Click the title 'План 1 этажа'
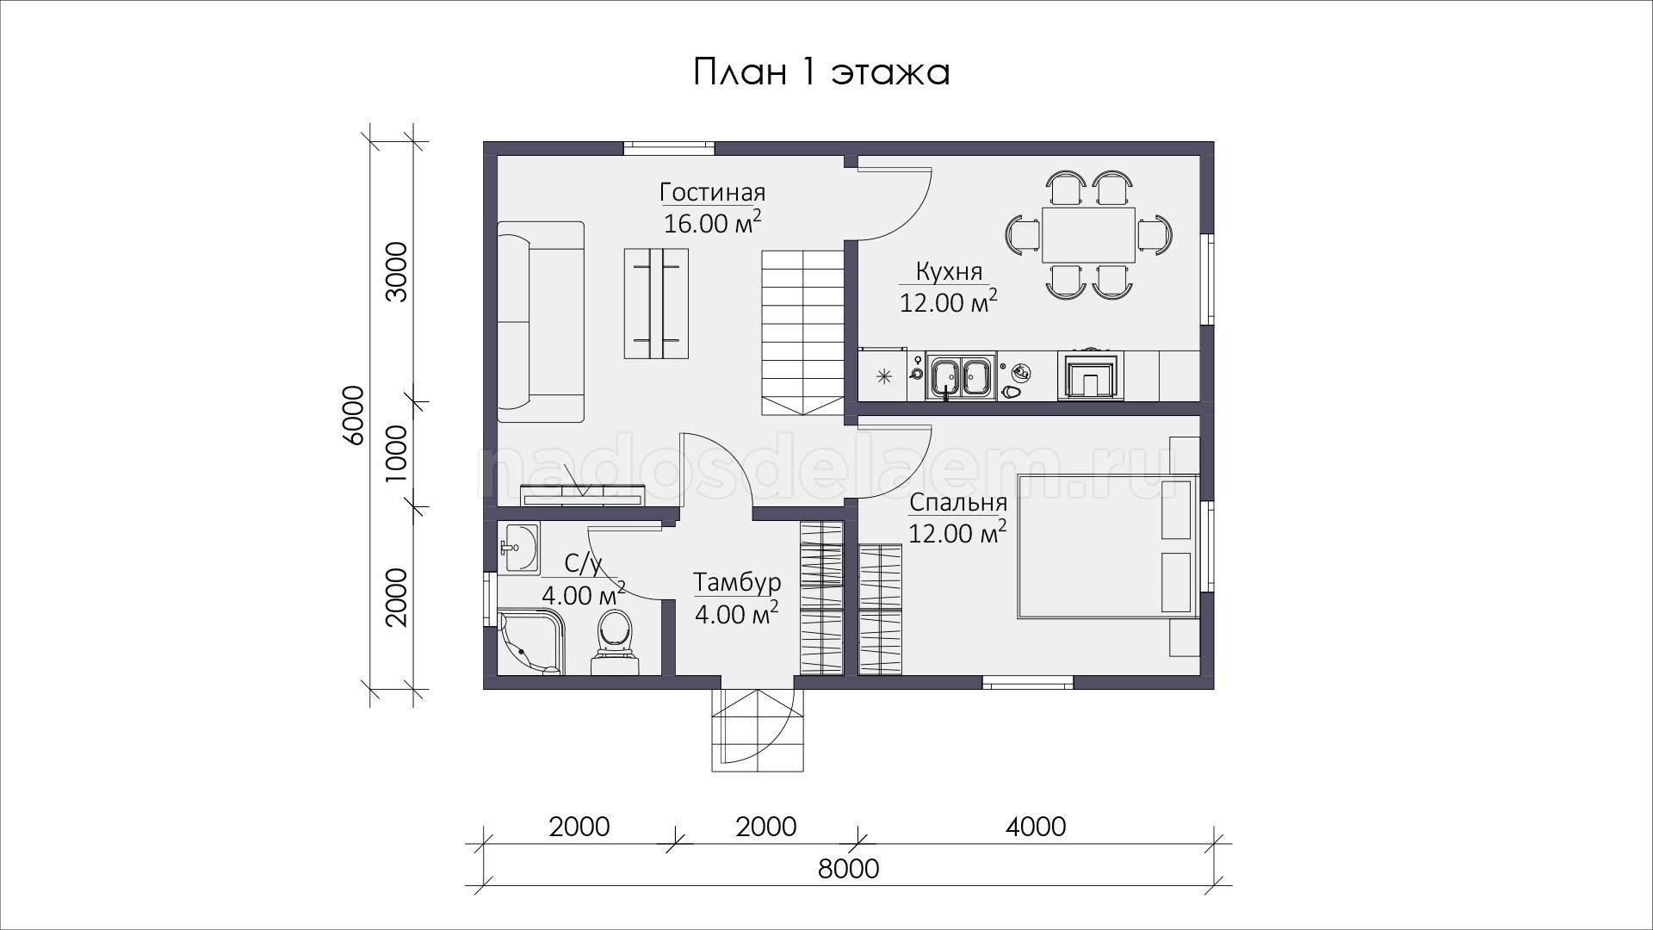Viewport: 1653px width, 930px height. click(821, 72)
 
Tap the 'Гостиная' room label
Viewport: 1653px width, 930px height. click(712, 192)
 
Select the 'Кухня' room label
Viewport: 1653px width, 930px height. click(949, 272)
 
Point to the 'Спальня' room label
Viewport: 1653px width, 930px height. click(958, 503)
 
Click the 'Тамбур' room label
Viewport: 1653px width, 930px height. click(737, 583)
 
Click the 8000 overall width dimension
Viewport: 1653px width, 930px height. click(849, 869)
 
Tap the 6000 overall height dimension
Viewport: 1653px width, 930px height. click(354, 415)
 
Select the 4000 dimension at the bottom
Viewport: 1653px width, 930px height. click(1036, 827)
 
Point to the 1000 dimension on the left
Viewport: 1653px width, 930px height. click(395, 454)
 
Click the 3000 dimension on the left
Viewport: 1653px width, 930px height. click(395, 271)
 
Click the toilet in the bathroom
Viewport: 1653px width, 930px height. click(615, 642)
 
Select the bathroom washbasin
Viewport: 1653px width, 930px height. click(519, 549)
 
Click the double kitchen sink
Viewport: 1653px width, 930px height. click(961, 376)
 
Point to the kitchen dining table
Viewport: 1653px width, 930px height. click(1088, 234)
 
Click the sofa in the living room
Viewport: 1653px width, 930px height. click(541, 321)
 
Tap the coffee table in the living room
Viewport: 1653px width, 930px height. click(656, 303)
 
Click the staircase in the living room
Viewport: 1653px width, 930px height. click(802, 333)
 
